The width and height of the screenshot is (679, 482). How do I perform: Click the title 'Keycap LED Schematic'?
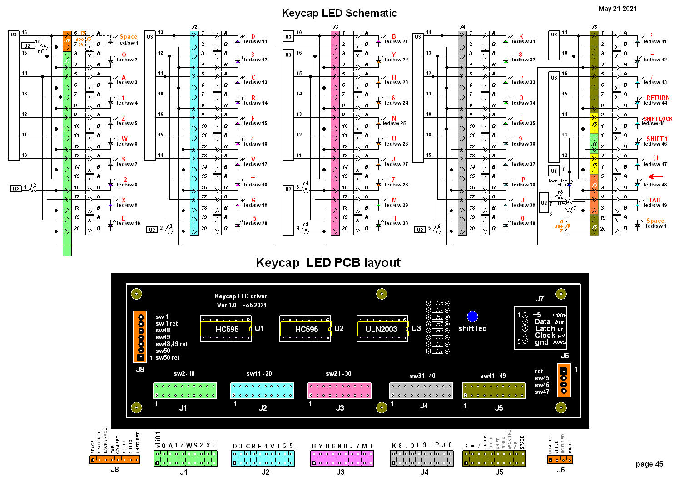(x=339, y=13)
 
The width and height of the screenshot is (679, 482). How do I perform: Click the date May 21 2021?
(x=617, y=9)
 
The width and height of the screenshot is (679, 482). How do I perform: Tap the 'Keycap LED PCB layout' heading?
(x=328, y=263)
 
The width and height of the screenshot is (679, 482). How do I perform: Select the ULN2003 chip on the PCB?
(x=382, y=329)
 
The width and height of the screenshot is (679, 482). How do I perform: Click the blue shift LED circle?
(x=472, y=316)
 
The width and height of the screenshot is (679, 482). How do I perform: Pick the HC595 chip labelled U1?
(x=226, y=329)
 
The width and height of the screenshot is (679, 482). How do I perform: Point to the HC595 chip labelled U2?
(x=306, y=329)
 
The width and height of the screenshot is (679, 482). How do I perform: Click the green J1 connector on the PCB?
(x=185, y=391)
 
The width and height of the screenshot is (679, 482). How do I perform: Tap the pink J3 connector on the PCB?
(x=339, y=391)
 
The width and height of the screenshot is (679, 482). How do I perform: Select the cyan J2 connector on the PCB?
(x=262, y=391)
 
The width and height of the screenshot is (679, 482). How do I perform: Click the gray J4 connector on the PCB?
(x=421, y=391)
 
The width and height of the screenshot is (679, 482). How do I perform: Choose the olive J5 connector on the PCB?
(x=494, y=391)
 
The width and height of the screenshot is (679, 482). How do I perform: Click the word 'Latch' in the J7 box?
(x=545, y=328)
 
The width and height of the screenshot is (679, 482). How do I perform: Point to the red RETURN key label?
(x=658, y=98)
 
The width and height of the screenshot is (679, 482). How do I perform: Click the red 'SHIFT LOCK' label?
(x=658, y=119)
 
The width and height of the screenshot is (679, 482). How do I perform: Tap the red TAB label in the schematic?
(x=654, y=200)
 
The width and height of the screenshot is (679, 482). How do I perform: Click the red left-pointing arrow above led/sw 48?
(x=655, y=176)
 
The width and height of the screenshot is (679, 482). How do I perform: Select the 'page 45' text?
(x=649, y=464)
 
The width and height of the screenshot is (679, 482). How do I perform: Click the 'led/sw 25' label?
(x=394, y=123)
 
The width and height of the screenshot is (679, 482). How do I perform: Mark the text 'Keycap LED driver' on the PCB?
(x=241, y=296)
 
